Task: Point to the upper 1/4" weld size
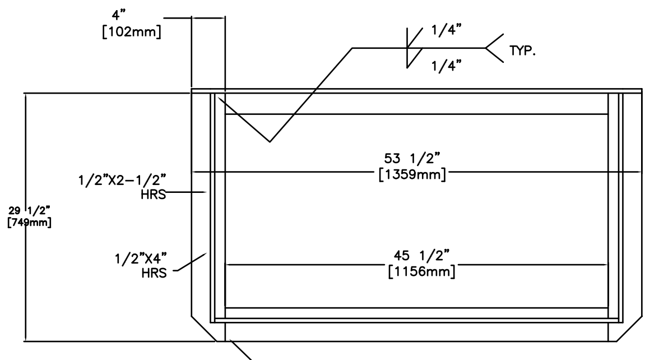click(444, 32)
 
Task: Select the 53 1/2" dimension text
click(412, 159)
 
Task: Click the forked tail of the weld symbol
click(493, 48)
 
